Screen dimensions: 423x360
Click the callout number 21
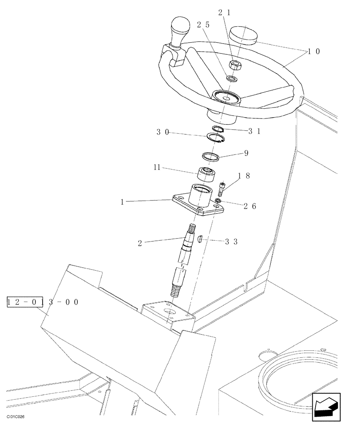tap(224, 13)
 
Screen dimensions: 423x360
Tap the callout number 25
tap(204, 25)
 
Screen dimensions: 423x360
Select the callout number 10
tap(314, 52)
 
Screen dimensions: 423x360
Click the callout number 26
tap(250, 206)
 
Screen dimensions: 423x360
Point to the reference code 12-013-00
tap(43, 302)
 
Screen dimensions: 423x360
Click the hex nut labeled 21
tap(235, 65)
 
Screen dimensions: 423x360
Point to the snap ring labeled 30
tap(215, 137)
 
